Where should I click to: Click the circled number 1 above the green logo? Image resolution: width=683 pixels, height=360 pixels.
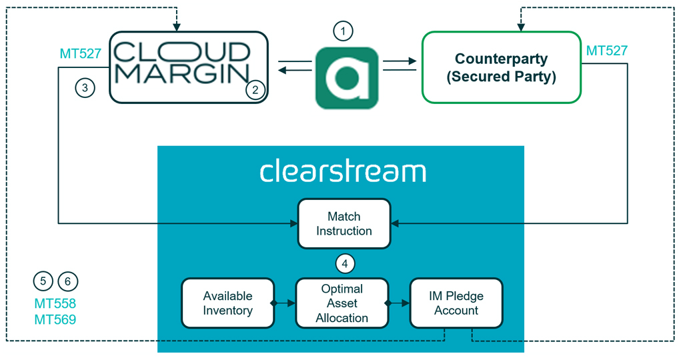[343, 31]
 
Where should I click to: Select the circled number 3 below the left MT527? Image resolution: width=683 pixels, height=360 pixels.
[85, 87]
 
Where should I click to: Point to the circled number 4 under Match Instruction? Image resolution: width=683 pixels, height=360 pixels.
[344, 264]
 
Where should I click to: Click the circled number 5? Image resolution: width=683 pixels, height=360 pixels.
[43, 281]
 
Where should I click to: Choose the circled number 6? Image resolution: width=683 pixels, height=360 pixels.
[68, 281]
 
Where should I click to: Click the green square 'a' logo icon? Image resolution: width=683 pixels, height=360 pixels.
[347, 78]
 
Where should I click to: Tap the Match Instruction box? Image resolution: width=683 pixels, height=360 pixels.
[344, 223]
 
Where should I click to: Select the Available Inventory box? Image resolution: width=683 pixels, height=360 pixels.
[227, 303]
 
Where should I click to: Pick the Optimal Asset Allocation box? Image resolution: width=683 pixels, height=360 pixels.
[342, 303]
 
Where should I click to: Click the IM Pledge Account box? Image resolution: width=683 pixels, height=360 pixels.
[456, 303]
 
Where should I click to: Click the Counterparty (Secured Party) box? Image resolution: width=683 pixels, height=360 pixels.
[501, 67]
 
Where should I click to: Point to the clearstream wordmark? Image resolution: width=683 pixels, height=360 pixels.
[342, 171]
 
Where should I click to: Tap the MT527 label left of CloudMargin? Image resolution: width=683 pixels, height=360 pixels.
[80, 54]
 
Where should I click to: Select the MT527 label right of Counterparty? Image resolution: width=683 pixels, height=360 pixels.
[606, 51]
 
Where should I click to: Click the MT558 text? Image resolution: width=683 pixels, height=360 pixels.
[55, 304]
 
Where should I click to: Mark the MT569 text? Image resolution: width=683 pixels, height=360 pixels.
[55, 320]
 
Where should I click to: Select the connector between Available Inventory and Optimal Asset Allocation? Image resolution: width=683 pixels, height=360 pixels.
[285, 303]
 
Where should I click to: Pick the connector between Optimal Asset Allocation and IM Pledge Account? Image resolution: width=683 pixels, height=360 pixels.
[399, 303]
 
